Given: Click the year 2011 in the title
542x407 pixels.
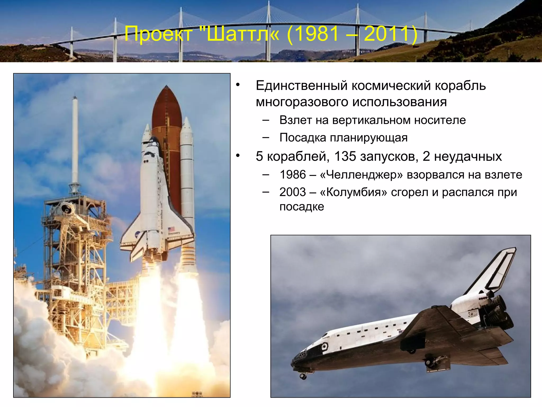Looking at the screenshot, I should [x=387, y=34].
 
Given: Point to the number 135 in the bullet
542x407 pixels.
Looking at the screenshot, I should [x=345, y=156].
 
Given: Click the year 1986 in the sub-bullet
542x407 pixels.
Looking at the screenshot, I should [x=293, y=175].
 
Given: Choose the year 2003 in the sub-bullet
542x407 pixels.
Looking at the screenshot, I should [x=293, y=192].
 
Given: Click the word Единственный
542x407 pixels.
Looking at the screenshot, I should [x=301, y=86].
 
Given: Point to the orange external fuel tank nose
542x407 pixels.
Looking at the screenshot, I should [x=166, y=98].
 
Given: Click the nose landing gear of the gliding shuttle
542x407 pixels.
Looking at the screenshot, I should [x=303, y=376].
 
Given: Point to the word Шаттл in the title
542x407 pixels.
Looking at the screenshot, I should [x=240, y=34].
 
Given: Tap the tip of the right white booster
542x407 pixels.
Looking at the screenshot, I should [x=187, y=119].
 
